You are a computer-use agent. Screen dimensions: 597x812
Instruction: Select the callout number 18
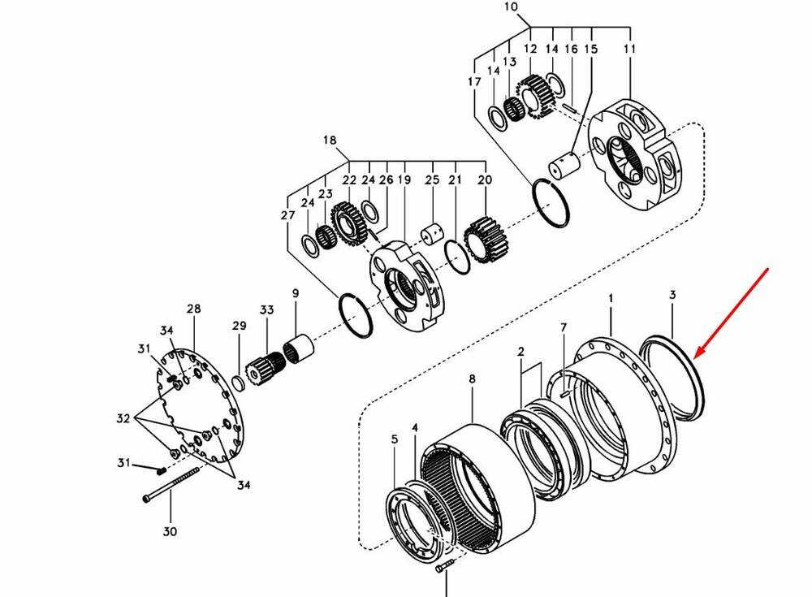[330, 141]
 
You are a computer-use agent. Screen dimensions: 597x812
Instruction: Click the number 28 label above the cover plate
[193, 309]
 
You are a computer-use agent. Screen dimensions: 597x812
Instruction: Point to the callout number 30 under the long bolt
[171, 532]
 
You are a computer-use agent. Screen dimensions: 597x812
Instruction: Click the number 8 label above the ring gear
[472, 379]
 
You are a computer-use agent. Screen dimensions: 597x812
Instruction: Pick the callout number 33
[268, 310]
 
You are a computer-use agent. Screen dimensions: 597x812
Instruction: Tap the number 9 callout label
[296, 293]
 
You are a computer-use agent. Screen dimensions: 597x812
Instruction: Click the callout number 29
[239, 326]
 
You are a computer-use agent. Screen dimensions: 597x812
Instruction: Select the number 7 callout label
[563, 327]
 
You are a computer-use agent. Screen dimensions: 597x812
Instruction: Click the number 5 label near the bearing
[395, 439]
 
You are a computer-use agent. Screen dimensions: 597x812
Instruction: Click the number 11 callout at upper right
[630, 50]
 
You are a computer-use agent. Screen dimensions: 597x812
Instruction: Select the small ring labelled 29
[238, 382]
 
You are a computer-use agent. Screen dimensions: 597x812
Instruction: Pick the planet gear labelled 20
[485, 239]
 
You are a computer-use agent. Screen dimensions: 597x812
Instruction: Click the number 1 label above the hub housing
[611, 300]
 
